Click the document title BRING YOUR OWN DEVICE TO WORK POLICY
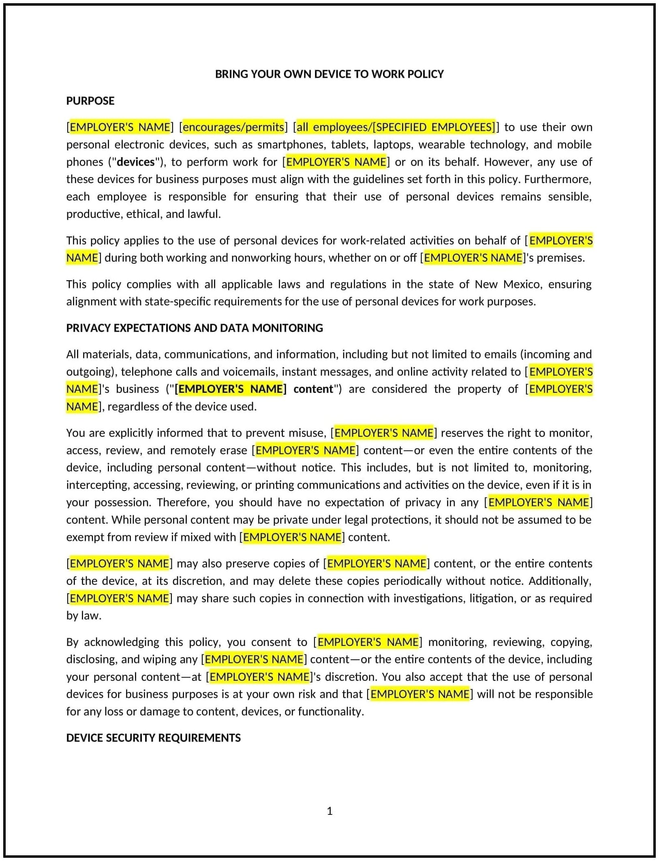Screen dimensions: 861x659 329,74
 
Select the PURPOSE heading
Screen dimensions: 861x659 90,101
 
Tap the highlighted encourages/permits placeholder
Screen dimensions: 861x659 233,127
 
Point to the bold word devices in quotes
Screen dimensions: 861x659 135,162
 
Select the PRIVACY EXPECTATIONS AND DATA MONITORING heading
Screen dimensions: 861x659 195,328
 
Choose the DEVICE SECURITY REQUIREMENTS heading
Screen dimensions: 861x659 153,738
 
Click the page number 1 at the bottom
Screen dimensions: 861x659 329,811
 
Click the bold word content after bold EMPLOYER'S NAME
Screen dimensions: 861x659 313,389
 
